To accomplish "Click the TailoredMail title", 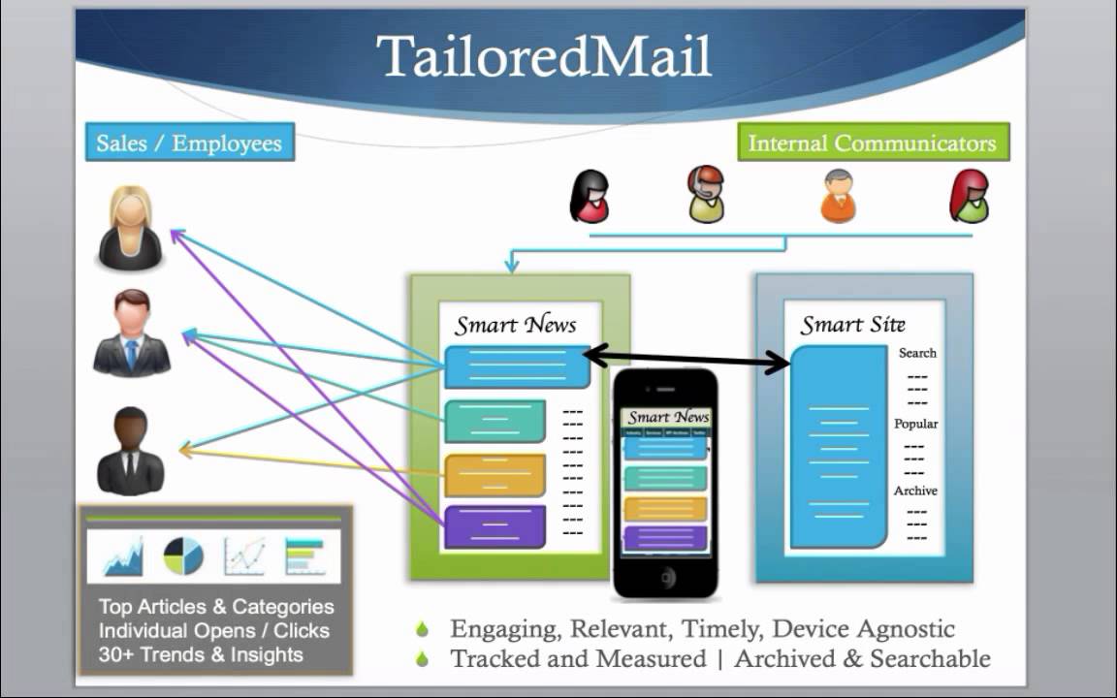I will click(544, 57).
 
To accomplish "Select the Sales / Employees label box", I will click(189, 143).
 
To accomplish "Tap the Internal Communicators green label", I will click(872, 143).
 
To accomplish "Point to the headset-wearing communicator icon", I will click(706, 194).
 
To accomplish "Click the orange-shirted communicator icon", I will click(839, 196).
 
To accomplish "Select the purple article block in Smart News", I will click(495, 526).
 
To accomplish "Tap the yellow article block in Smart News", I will click(495, 474).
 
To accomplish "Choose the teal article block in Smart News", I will click(495, 422).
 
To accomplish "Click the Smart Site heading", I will click(852, 325).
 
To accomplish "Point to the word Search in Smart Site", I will click(917, 353).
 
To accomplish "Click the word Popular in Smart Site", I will click(916, 424).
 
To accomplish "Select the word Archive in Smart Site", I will click(915, 491).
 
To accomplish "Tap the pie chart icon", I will click(183, 555).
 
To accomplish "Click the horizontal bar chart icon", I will click(304, 555).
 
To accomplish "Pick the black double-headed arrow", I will click(687, 359).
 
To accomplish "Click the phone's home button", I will click(666, 577).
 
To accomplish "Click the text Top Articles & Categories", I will click(216, 607).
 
